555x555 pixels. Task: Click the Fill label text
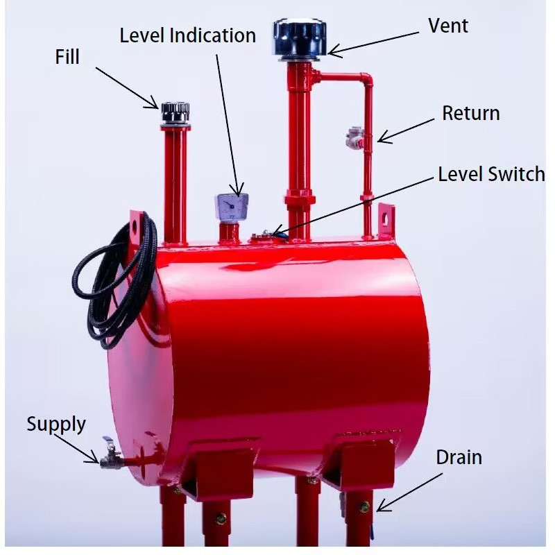67,57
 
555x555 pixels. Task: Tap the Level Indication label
187,35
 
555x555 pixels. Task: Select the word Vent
448,26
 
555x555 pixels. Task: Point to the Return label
470,113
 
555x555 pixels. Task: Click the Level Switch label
491,173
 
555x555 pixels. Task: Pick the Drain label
459,457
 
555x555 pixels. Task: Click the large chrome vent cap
299,37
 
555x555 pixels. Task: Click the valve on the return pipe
354,139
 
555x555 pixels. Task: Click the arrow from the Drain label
409,493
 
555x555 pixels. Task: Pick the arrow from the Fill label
125,86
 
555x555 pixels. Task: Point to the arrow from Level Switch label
354,205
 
